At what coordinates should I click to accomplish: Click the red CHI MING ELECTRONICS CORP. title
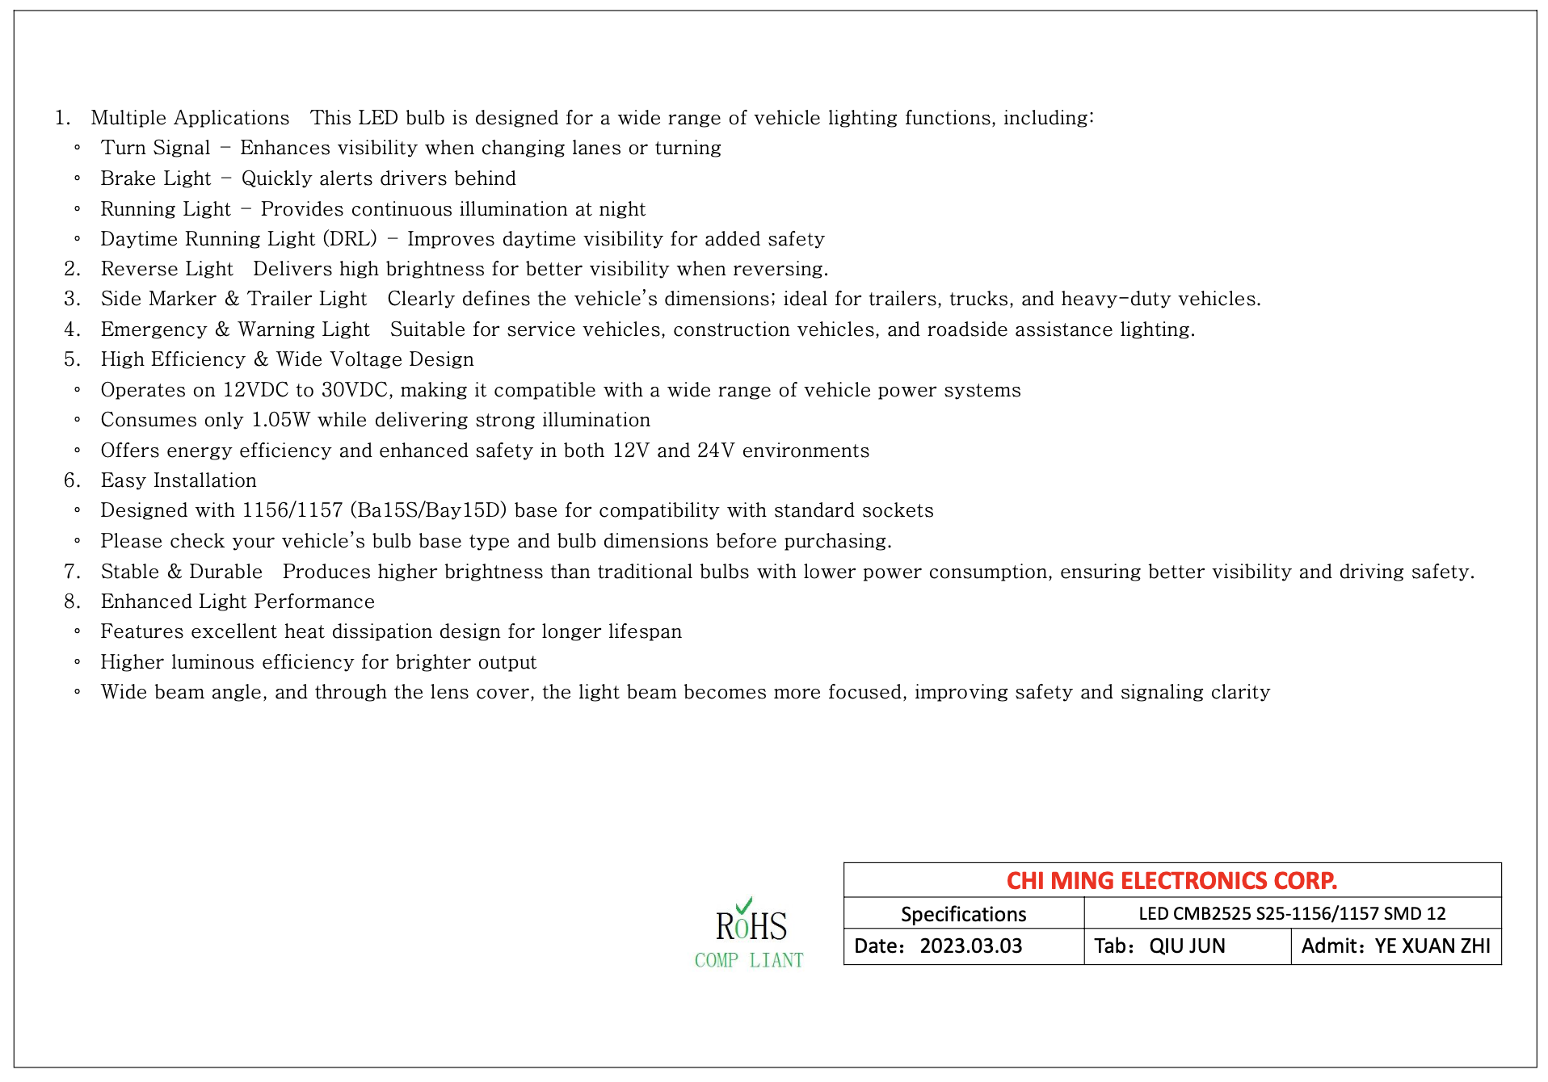click(1172, 880)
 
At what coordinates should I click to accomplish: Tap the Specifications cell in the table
click(963, 914)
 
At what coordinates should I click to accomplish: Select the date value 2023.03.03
click(970, 946)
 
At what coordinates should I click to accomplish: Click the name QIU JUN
click(1187, 946)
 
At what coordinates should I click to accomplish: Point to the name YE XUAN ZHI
click(1432, 946)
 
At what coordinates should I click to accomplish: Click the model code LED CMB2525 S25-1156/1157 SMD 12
click(1292, 913)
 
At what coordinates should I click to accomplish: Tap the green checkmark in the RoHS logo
click(744, 905)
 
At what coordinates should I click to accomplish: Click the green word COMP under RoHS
click(717, 961)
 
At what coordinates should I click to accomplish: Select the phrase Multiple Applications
click(190, 118)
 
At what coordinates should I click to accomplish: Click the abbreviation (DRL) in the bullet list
click(350, 239)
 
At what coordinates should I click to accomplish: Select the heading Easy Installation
click(179, 480)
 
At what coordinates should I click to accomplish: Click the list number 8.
click(72, 602)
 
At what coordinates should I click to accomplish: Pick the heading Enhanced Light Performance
click(238, 602)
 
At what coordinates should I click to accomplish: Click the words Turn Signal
click(155, 148)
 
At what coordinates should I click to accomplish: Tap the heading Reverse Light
click(166, 269)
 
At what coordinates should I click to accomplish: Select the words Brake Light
click(155, 178)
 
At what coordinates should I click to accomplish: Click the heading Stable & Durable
click(181, 572)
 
